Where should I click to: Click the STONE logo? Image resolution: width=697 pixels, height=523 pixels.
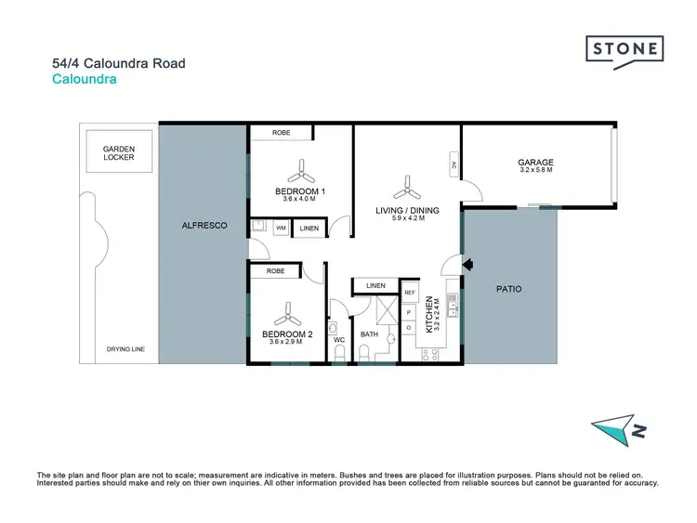coord(625,49)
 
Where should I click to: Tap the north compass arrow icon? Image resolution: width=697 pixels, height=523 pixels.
coord(616,428)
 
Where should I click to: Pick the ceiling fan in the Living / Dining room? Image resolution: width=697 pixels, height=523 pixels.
coord(407,189)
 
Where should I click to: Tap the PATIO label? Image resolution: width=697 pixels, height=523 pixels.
coord(508,289)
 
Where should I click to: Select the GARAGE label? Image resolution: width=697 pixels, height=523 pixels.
coord(535,163)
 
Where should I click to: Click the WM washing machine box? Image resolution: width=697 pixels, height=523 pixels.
coord(280,228)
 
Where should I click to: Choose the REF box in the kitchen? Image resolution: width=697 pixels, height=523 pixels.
coord(409,292)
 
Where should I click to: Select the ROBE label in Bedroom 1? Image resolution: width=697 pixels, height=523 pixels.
coord(282,133)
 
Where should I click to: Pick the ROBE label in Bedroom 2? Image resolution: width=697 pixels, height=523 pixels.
coord(275,271)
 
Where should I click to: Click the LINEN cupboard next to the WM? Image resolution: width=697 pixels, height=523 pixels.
coord(309,229)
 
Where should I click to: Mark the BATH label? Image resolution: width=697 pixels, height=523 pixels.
coord(370,333)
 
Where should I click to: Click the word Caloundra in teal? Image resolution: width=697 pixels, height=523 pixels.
coord(85,80)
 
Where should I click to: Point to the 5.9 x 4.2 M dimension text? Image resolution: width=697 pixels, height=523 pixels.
coord(407,219)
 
